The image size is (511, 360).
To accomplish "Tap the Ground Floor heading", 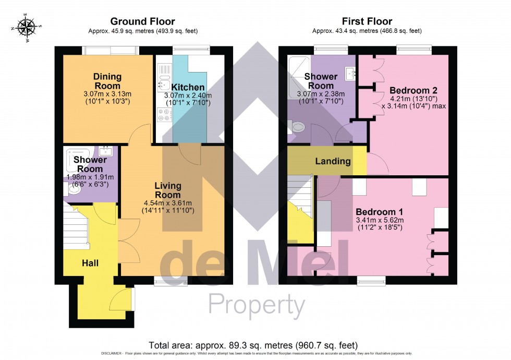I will [142, 21].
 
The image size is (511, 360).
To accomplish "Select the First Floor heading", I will [367, 21].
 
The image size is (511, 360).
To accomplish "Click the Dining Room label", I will [107, 81].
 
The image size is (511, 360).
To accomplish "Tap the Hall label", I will [90, 263].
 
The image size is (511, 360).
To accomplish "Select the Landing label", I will [333, 161].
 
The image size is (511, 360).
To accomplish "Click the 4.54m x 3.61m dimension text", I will [167, 203].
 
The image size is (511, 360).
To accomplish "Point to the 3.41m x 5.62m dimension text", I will [379, 221].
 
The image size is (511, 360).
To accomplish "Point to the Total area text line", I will [253, 345].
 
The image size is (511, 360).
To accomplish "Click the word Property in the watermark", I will [257, 305].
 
